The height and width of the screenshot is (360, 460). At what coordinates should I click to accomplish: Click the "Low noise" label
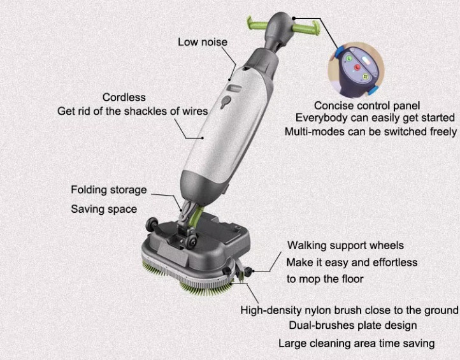pos(203,42)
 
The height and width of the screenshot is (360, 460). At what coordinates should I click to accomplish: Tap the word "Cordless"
pos(124,97)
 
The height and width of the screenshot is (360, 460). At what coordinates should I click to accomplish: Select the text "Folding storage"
pos(109,190)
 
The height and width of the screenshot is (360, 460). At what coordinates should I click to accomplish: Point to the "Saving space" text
pos(104,209)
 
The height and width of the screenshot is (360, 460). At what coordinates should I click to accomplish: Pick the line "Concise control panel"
pos(367,106)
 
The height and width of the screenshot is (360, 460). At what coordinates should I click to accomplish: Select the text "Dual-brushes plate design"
pos(353,326)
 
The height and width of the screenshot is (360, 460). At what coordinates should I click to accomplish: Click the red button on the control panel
pos(357,67)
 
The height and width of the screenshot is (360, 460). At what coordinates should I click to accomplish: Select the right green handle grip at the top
pos(306,29)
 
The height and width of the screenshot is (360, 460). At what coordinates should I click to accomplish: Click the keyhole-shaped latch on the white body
pos(226,101)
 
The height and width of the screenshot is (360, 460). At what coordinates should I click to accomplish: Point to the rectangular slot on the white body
pos(236,88)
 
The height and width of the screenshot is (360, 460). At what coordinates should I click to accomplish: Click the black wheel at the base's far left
pos(152,224)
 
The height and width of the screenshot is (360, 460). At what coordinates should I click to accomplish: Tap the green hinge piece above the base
pos(196,216)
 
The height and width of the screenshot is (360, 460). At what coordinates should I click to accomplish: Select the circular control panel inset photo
pos(356,71)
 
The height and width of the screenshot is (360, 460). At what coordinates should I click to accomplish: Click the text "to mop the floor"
pos(325,279)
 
